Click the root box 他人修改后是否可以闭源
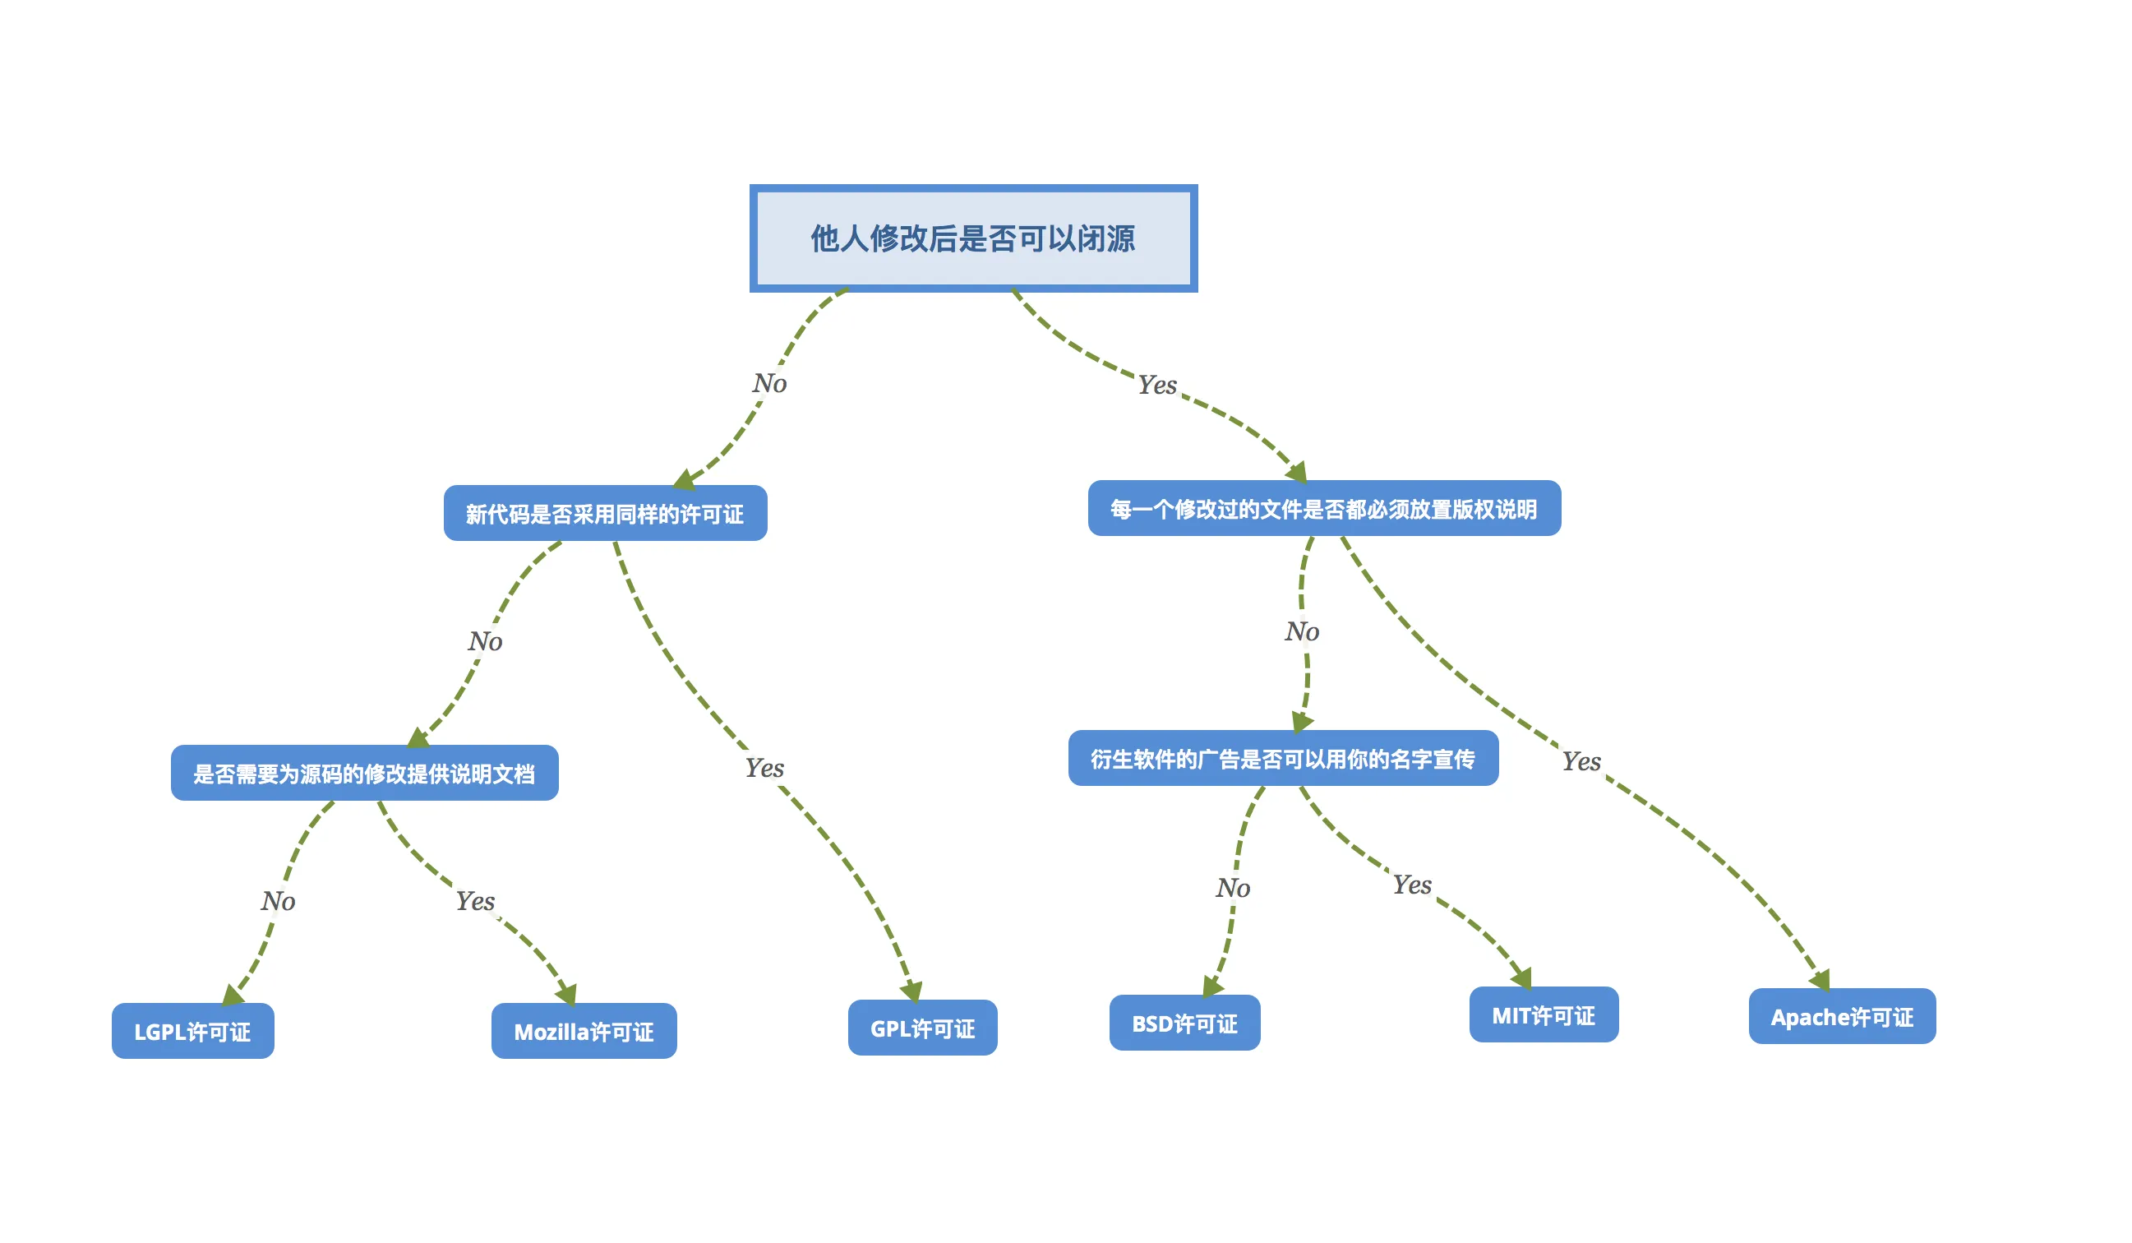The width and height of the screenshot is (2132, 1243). click(973, 238)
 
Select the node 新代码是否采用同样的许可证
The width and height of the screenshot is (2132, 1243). click(605, 514)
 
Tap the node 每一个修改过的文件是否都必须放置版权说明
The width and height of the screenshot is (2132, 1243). click(1324, 509)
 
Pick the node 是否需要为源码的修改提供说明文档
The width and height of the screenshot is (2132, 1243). click(364, 774)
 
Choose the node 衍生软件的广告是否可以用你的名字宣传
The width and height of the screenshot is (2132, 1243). click(1283, 758)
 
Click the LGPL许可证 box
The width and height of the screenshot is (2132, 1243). click(193, 1031)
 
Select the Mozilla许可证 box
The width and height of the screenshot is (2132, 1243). click(584, 1031)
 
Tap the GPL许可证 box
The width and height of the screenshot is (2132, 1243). click(922, 1028)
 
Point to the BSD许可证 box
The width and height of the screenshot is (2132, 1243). click(1184, 1023)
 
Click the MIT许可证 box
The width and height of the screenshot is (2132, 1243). click(1544, 1014)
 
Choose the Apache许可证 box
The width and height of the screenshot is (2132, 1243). click(1842, 1016)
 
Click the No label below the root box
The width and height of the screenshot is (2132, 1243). click(770, 383)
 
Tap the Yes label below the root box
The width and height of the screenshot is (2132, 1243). click(1156, 385)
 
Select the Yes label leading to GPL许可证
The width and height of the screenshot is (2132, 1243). click(764, 768)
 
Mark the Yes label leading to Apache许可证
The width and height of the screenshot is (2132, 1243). click(1581, 760)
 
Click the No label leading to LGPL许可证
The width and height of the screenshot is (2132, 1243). click(278, 900)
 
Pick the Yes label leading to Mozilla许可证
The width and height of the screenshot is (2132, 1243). click(474, 900)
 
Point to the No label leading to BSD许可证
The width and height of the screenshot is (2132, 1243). click(1233, 888)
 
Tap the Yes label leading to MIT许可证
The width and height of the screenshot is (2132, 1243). click(1412, 885)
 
